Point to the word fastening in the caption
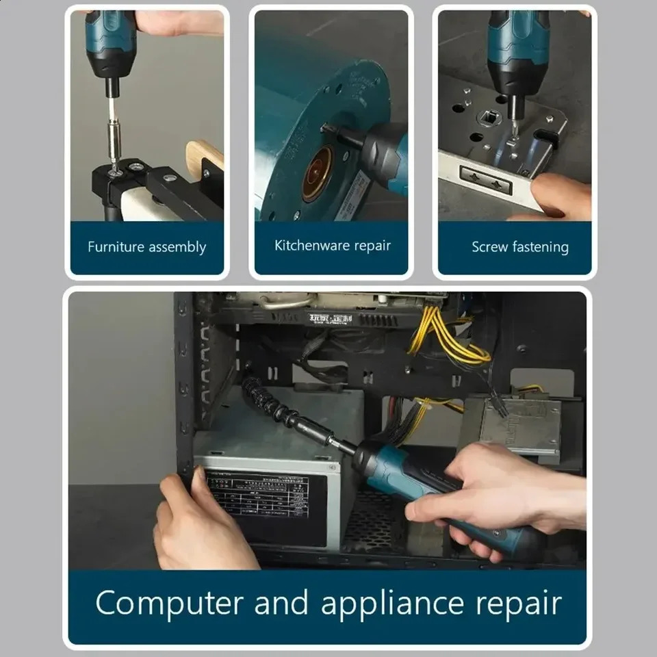541,248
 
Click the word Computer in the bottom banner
169,604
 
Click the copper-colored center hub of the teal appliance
317,183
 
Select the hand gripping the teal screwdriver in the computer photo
493,489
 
